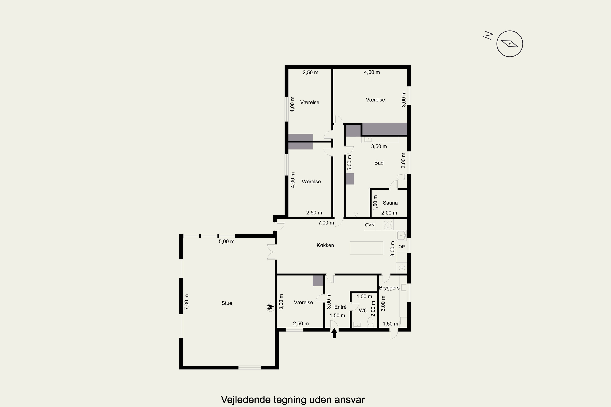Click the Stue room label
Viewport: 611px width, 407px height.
(227, 303)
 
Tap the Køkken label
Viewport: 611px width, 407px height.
(325, 245)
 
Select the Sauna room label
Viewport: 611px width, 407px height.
(390, 203)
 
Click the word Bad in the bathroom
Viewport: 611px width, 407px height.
(379, 163)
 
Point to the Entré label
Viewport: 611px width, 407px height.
(340, 307)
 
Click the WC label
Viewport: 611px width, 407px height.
(363, 311)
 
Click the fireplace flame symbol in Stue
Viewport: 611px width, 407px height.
(270, 307)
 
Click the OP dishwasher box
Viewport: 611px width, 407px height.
(402, 247)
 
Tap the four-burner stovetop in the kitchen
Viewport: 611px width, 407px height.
(388, 225)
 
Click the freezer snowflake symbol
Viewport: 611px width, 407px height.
(402, 268)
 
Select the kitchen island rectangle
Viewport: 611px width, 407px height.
(367, 248)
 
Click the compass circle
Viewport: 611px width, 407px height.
(510, 44)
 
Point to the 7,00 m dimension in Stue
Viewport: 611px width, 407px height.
(187, 302)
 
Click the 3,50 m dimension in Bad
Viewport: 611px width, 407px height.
(379, 146)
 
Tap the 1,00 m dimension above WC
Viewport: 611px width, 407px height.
(364, 296)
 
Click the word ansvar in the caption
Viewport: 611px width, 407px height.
(349, 399)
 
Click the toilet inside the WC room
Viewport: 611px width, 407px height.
(370, 323)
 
